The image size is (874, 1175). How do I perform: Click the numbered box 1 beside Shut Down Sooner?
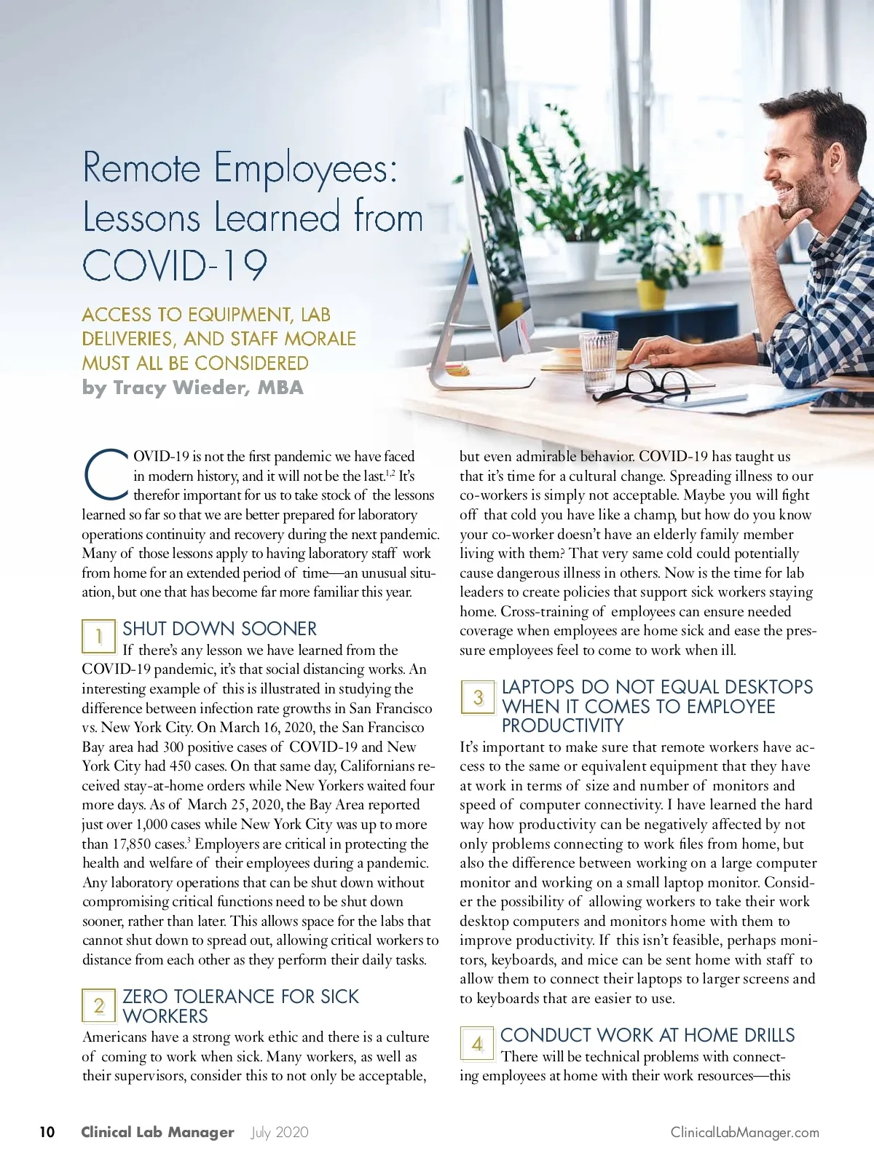98,637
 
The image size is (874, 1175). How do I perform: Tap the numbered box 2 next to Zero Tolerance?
98,1006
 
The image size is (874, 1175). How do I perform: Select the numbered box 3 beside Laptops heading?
478,697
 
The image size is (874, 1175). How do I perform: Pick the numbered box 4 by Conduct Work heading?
477,1044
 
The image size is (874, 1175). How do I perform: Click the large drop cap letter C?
106,475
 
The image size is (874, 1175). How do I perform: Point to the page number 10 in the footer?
47,1132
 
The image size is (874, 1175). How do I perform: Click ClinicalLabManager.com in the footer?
744,1132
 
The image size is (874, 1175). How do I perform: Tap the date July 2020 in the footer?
280,1132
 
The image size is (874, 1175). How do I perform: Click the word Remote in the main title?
141,168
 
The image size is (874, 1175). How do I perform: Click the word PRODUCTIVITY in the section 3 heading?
562,726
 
